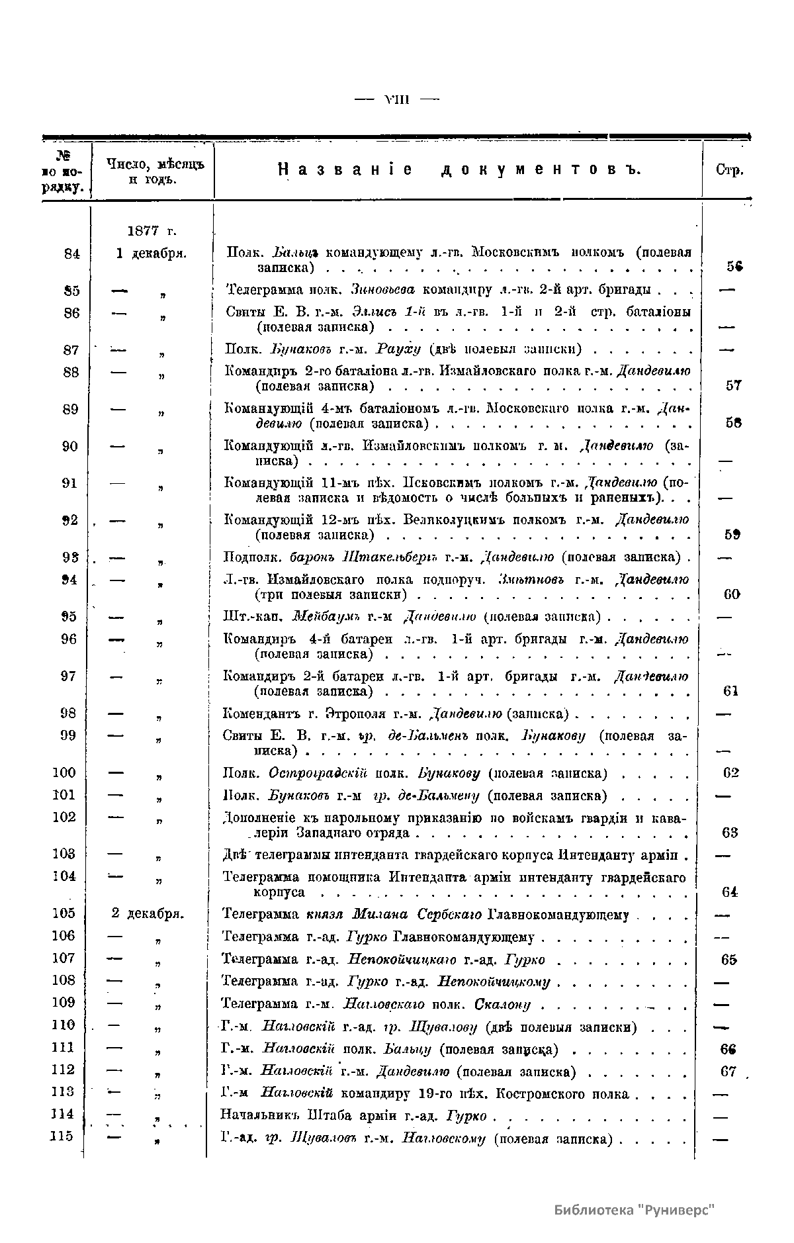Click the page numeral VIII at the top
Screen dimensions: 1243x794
click(397, 100)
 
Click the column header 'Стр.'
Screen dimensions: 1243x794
click(730, 170)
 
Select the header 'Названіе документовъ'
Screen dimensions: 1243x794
click(460, 170)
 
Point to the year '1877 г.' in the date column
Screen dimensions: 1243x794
click(152, 231)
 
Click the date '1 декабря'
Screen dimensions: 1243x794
click(151, 253)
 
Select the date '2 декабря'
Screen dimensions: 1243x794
click(148, 914)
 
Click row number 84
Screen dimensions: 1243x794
click(71, 253)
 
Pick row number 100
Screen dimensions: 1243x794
click(65, 772)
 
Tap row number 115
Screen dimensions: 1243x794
click(64, 1136)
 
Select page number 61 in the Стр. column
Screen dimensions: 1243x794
click(730, 691)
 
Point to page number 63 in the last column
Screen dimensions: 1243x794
click(730, 833)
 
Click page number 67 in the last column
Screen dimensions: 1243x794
click(728, 1071)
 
